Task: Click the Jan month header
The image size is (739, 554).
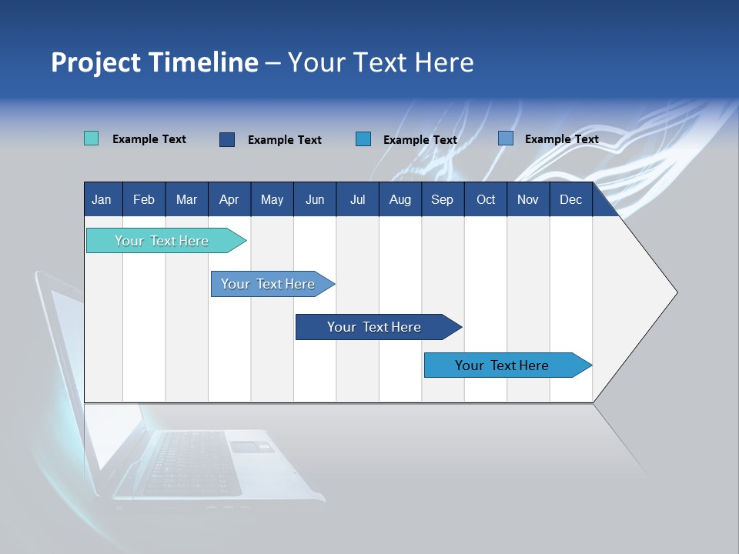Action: coord(102,199)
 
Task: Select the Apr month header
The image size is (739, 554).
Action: coord(229,199)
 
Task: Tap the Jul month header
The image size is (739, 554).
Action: coord(357,199)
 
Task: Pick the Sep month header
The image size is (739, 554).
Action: coord(442,199)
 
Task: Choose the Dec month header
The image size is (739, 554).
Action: coord(570,199)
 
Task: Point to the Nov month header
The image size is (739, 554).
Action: coord(527,199)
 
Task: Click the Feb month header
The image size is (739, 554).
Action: coord(144,199)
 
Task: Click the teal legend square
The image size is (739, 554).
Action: coord(91,138)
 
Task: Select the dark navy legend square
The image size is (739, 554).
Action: coord(227,139)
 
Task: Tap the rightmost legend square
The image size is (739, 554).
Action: coord(506,138)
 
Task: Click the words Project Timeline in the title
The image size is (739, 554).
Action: coord(155,62)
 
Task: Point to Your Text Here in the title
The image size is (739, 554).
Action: coord(380,62)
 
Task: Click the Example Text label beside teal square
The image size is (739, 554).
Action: coord(149,139)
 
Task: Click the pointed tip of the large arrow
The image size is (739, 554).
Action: coord(676,292)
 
